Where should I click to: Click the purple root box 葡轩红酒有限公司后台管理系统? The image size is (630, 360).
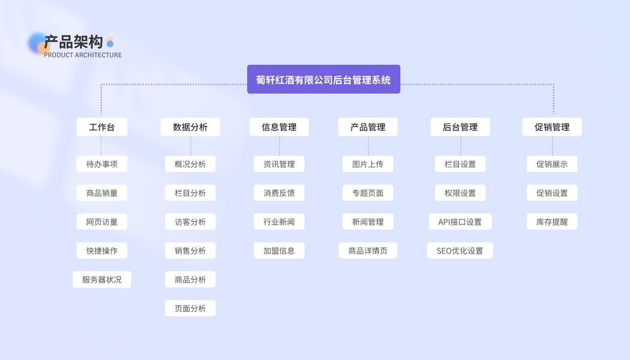[323, 79]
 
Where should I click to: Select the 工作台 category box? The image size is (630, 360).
[101, 127]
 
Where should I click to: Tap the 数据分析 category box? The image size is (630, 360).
[190, 127]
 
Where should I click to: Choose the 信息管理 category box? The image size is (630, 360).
[279, 127]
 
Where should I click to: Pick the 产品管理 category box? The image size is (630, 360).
[368, 127]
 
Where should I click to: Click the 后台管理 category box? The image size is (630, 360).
[460, 127]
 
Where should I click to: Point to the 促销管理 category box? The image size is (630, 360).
[552, 127]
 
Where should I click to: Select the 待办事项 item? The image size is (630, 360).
[101, 164]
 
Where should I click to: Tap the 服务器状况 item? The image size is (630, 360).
[101, 280]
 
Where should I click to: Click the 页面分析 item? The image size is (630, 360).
[190, 308]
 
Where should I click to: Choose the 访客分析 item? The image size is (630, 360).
[190, 222]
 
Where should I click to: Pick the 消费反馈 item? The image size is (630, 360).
[279, 193]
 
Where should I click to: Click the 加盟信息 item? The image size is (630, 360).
[279, 251]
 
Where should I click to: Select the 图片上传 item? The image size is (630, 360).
[368, 164]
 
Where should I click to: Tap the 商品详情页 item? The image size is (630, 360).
[368, 251]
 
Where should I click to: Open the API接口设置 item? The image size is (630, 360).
[460, 222]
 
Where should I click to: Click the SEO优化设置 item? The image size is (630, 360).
[460, 251]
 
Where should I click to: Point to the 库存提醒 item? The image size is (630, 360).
[552, 222]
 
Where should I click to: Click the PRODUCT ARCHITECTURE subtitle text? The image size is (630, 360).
[83, 55]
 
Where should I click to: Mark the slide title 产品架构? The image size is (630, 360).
[74, 41]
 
